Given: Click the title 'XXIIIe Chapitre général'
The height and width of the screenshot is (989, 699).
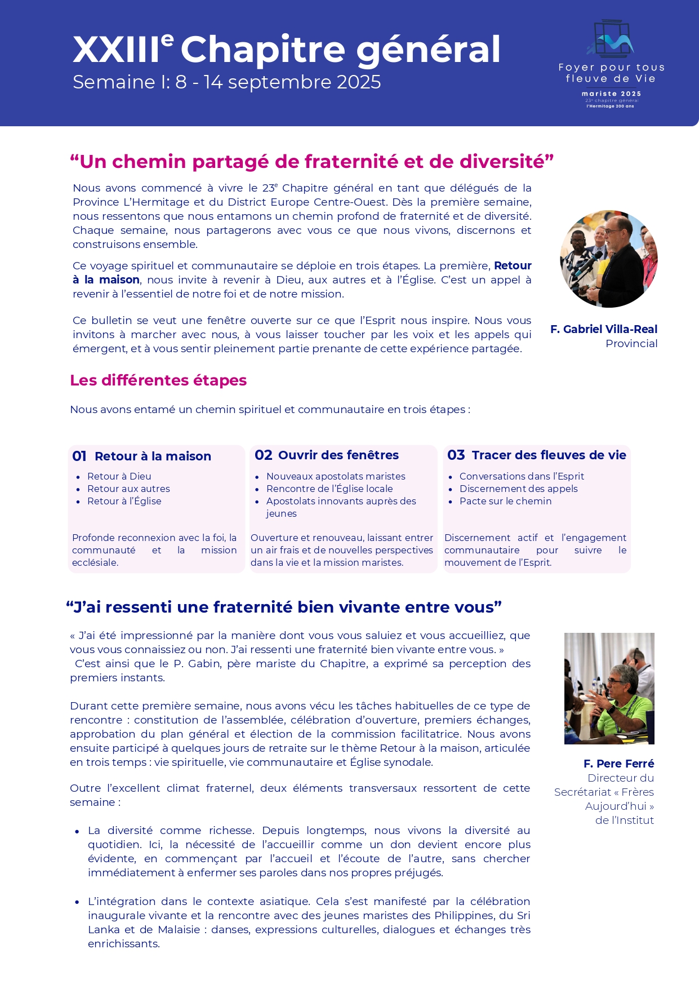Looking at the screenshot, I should (286, 50).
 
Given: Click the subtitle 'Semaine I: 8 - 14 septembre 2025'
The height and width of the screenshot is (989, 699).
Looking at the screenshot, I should (226, 82).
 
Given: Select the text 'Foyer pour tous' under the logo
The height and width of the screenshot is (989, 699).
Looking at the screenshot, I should (611, 67).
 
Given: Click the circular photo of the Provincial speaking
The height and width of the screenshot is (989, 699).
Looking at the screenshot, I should (609, 259).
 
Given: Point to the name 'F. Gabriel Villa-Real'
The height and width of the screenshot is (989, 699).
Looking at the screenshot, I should (603, 329).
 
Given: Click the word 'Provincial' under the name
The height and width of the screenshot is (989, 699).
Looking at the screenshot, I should (631, 344).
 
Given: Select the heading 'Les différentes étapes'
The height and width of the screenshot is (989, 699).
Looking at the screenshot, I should (158, 380).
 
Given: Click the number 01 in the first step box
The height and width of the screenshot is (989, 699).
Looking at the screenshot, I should (79, 456).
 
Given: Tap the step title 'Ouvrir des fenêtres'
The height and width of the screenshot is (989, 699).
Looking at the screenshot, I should (338, 455).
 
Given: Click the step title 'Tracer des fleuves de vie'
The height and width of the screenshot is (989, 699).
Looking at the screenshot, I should (549, 455).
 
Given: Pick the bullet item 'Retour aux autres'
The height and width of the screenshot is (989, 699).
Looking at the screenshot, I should (128, 489).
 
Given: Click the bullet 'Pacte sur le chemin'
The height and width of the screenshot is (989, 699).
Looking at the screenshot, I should (505, 502).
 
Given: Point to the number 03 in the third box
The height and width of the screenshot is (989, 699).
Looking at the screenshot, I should (456, 455).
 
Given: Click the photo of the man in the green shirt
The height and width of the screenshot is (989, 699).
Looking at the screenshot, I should (609, 688).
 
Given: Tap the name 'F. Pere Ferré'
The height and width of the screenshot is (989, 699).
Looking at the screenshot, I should (618, 764).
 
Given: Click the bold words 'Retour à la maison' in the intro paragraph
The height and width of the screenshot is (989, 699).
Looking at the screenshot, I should (106, 280).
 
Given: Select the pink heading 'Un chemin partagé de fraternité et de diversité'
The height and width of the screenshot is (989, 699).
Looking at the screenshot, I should (311, 162).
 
